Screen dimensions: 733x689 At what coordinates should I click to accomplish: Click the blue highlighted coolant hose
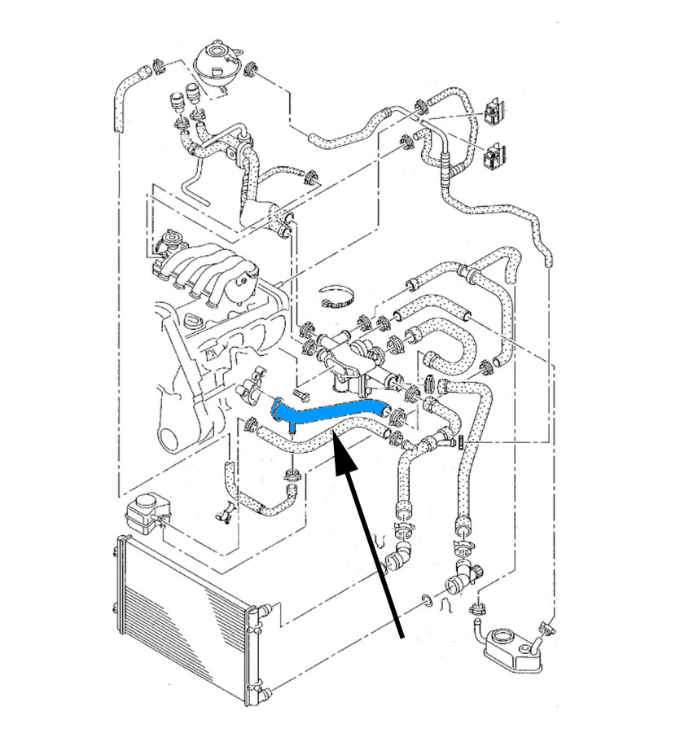[x=326, y=412]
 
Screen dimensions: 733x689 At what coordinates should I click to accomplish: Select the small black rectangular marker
[x=460, y=442]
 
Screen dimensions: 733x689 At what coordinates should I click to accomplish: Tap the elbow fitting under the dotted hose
[x=397, y=560]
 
